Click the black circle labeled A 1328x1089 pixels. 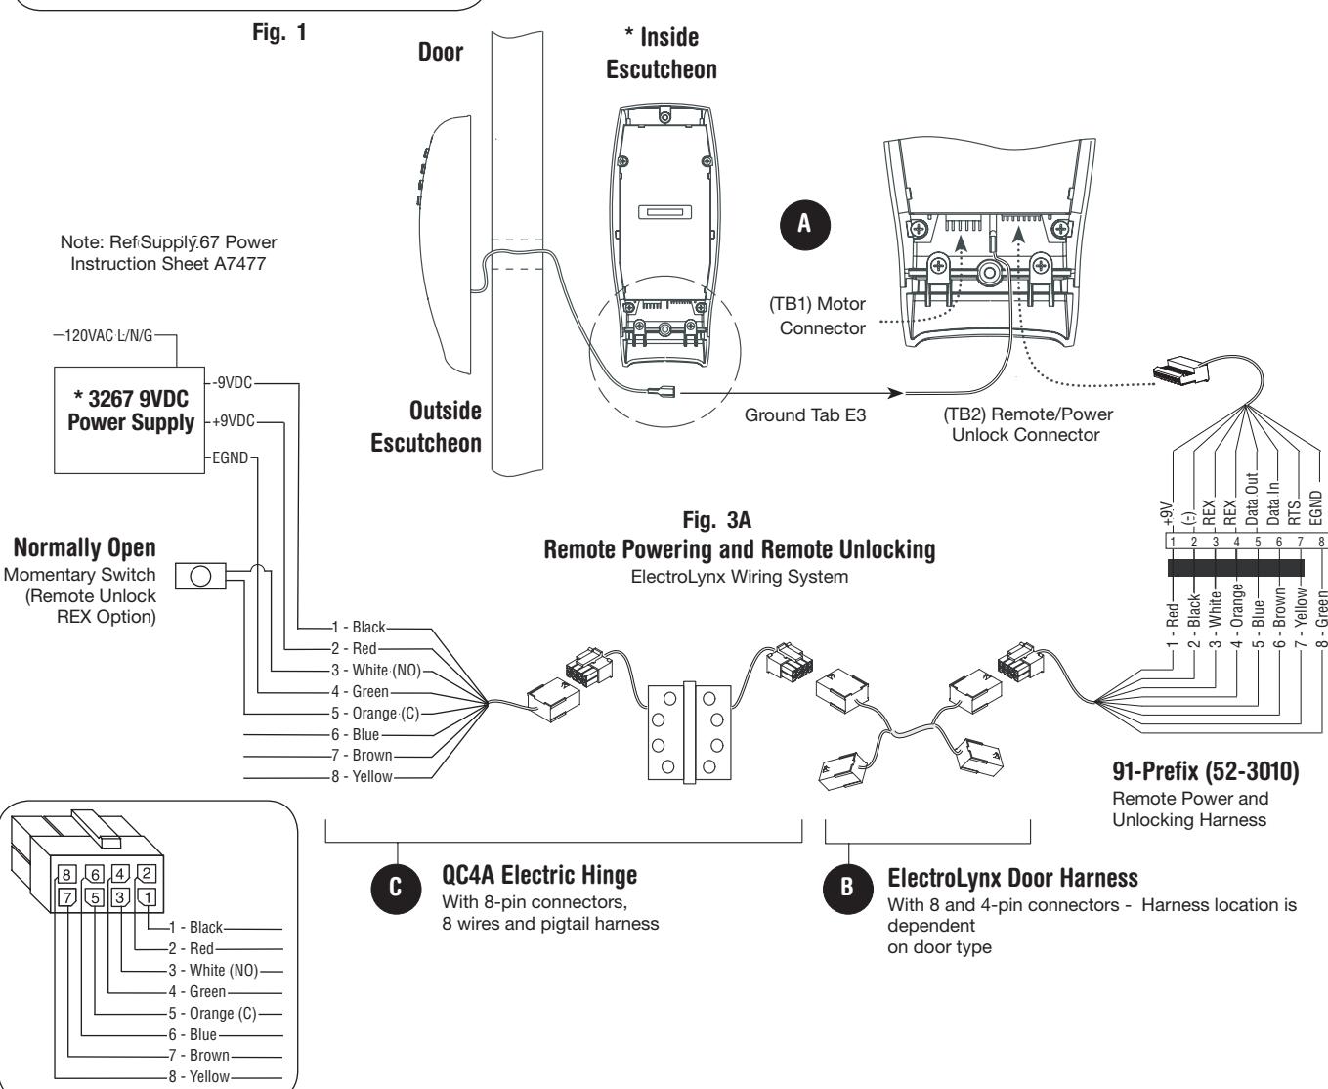coord(805,225)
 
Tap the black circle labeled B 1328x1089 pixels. coord(847,888)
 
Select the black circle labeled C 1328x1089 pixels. coord(396,888)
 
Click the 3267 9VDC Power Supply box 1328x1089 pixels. coord(129,420)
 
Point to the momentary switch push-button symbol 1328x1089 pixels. coord(200,576)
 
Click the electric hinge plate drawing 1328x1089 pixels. coord(690,732)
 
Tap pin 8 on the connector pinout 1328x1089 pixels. coord(66,874)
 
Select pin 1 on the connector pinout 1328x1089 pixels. coord(147,897)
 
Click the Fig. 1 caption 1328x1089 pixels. coord(278,32)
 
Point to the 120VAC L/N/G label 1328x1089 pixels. coord(108,335)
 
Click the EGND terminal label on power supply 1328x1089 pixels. coord(230,457)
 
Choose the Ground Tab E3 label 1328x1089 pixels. coord(805,415)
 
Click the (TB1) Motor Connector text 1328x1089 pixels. coord(817,316)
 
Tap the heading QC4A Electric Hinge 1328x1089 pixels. coord(539,875)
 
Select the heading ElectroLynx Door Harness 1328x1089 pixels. coord(1012,878)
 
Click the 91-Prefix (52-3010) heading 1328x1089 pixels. coord(1206,771)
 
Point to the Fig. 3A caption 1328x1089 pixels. coord(716,520)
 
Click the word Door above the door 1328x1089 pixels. coord(440,52)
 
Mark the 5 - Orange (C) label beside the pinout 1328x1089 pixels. coord(212,1014)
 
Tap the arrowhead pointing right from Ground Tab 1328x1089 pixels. coord(895,393)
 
